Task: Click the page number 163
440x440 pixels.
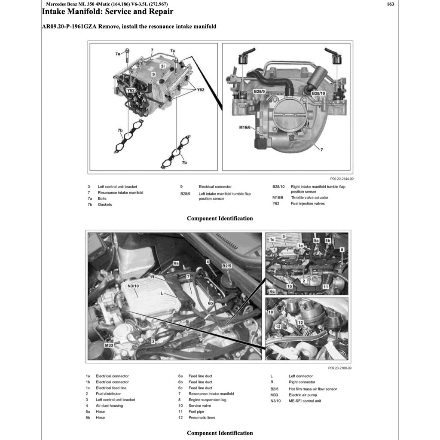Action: (x=390, y=4)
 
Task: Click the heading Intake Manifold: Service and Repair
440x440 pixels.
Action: (x=107, y=12)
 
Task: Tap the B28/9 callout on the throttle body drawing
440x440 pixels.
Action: (x=259, y=92)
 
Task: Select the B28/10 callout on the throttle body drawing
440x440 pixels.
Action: (x=318, y=93)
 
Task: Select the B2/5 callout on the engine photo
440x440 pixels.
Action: (x=227, y=266)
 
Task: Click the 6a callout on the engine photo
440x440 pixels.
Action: (x=176, y=262)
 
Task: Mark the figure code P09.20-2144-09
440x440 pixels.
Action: (x=342, y=178)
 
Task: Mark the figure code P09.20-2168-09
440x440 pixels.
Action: (x=340, y=368)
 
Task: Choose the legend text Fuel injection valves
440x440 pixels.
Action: (x=308, y=204)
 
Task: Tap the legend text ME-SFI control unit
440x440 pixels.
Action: (x=305, y=401)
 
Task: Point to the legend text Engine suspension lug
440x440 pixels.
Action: (x=207, y=400)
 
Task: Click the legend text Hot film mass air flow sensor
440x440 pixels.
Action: (x=313, y=389)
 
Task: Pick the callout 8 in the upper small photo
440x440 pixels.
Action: (x=342, y=249)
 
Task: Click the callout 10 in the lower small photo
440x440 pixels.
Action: (x=270, y=312)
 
